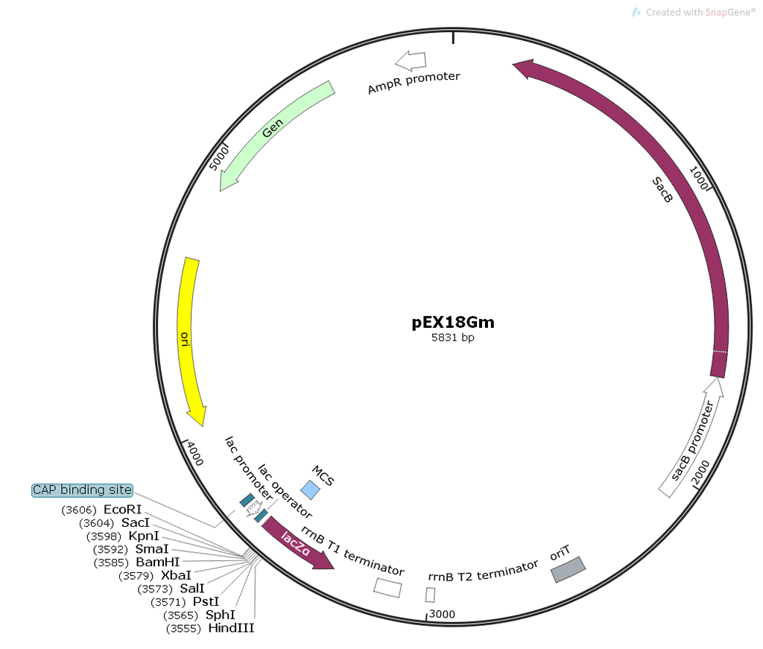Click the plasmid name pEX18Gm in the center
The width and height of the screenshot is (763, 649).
coord(453,323)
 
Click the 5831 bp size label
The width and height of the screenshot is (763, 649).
coord(453,338)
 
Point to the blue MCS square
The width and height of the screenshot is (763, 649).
coord(310,490)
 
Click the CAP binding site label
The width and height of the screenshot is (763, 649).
coord(82,490)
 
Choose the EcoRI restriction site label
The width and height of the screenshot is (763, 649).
coord(122,510)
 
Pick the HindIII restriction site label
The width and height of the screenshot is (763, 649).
coord(231,628)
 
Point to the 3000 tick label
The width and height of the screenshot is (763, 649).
coord(442,614)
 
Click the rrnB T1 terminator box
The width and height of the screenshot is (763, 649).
coord(387,587)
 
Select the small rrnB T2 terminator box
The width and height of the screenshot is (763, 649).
coord(430,595)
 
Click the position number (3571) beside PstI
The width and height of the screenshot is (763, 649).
coord(168,602)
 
